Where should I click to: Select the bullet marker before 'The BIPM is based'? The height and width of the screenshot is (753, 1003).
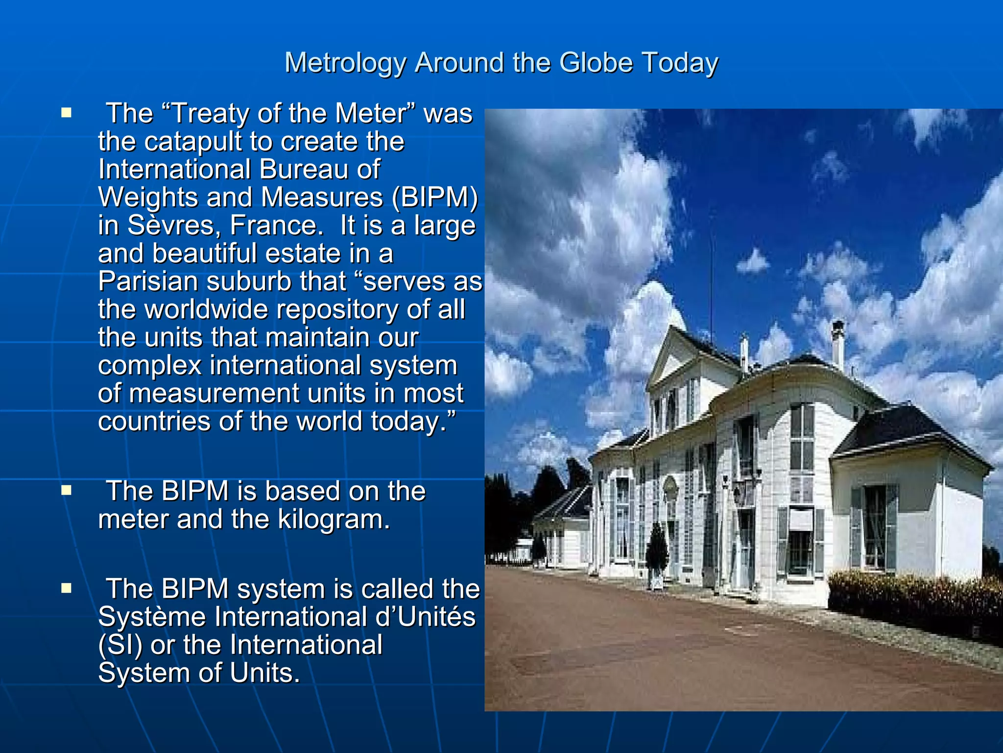(66, 490)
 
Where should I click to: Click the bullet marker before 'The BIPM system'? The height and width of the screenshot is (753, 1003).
(66, 588)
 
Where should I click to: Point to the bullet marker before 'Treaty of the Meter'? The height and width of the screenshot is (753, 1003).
(66, 113)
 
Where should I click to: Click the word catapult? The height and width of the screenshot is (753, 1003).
(194, 142)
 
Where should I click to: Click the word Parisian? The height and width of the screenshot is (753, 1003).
(148, 282)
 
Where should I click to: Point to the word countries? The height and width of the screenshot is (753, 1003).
(154, 421)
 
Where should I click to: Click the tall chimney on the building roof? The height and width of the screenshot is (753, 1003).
(838, 343)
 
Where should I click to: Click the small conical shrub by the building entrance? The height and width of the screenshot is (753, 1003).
(656, 554)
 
